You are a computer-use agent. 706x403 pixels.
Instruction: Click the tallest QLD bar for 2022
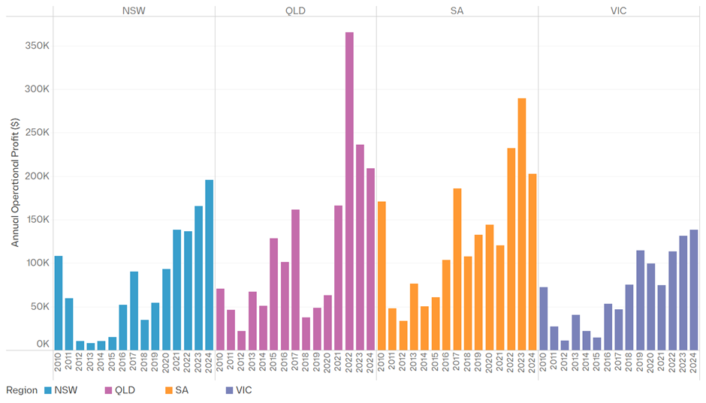[349, 191]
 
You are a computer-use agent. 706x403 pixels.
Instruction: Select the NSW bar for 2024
[209, 265]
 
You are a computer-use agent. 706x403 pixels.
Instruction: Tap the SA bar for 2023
[522, 224]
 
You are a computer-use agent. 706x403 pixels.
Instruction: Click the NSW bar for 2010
[59, 302]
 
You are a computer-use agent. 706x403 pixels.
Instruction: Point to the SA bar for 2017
[457, 269]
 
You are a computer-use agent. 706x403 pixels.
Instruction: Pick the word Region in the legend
[21, 390]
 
